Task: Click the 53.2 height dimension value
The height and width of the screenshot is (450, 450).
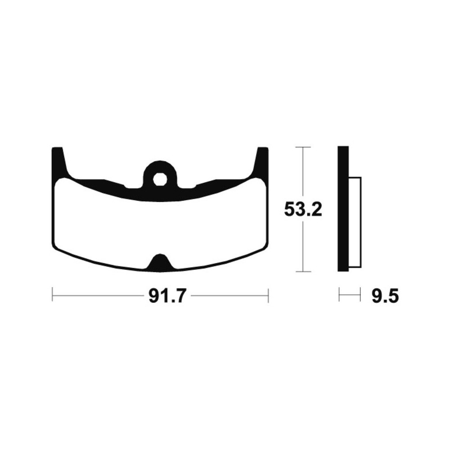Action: (303, 210)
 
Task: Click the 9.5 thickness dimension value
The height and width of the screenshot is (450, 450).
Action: (385, 296)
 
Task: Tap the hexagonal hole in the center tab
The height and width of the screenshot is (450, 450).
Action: (159, 179)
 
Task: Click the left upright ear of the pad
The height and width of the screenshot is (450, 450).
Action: (59, 161)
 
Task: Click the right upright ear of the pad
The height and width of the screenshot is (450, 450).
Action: (262, 161)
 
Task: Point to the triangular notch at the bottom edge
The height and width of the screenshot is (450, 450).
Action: (160, 262)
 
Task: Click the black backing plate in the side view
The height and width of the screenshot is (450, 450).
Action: (343, 209)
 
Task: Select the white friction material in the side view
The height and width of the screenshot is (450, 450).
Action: (355, 222)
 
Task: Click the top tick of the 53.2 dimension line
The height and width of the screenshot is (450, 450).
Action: (303, 147)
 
